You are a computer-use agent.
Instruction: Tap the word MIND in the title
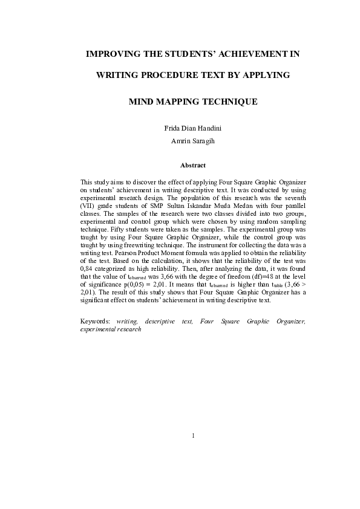click(x=143, y=101)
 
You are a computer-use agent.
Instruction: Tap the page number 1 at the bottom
click(x=193, y=435)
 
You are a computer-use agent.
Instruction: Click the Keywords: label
click(x=96, y=322)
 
